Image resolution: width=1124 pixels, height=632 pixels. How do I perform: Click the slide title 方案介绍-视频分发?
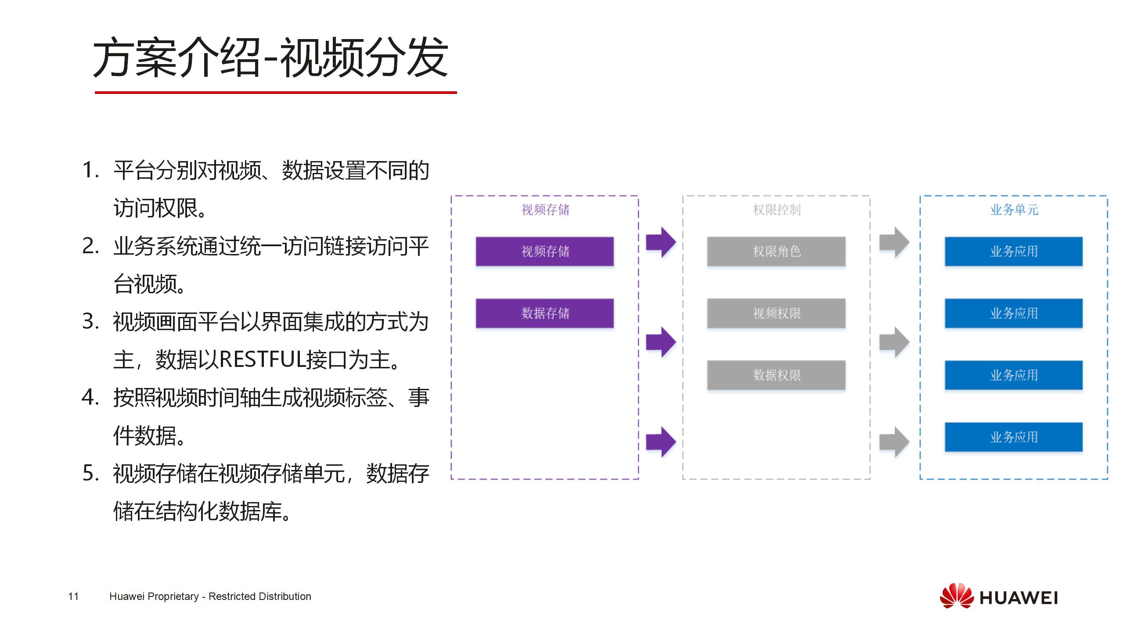(x=270, y=57)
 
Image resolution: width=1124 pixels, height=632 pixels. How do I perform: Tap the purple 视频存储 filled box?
(x=544, y=251)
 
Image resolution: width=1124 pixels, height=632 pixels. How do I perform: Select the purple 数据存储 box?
(x=544, y=313)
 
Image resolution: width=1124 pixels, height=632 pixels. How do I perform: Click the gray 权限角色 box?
(x=776, y=251)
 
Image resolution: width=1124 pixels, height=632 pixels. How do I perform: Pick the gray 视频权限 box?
(x=776, y=313)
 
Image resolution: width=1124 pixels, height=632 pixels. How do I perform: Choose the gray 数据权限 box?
(x=776, y=375)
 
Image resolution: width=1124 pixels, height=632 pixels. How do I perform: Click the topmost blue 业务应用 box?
(x=1014, y=251)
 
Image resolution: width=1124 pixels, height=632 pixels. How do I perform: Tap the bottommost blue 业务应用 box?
(x=1014, y=437)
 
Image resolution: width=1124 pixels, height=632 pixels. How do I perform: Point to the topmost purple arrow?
(x=661, y=242)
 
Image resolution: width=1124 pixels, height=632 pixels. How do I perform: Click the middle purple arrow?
(x=661, y=341)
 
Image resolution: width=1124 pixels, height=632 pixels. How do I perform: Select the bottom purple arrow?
(x=661, y=442)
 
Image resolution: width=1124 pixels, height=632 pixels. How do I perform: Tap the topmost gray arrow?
(x=894, y=242)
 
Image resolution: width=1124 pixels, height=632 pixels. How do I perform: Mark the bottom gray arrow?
(x=894, y=442)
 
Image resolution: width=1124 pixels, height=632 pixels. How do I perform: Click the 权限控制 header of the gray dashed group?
(x=777, y=210)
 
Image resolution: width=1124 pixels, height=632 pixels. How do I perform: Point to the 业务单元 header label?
(x=1014, y=210)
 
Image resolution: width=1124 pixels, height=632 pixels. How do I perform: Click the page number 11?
(x=73, y=596)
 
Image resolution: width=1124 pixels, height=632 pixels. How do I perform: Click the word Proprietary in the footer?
(x=173, y=596)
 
